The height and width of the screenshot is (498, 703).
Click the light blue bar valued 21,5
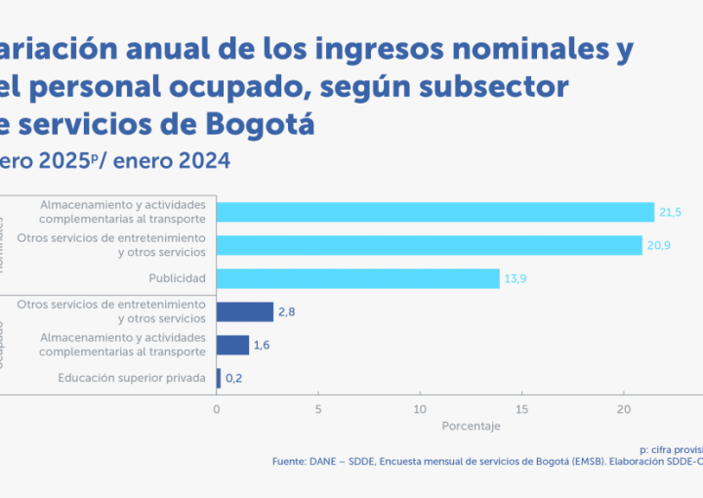(435, 212)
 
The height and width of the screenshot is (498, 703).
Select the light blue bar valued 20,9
(430, 245)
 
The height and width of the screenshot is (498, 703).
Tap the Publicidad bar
(358, 278)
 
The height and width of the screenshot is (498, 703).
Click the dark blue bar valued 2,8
(245, 311)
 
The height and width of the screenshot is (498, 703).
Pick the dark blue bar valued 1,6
(233, 345)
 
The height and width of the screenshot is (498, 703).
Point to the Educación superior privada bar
(219, 378)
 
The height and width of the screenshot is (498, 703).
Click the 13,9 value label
(517, 279)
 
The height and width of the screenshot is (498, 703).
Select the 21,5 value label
(671, 212)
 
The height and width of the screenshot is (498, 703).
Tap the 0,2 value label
(235, 378)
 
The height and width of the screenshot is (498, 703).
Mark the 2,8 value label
(287, 312)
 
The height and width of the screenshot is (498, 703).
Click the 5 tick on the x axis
(318, 409)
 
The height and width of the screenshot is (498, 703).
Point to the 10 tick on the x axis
(420, 409)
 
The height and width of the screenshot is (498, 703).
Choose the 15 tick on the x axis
(521, 409)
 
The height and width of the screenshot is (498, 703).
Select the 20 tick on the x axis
(623, 409)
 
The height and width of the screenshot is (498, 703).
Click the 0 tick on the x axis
(217, 409)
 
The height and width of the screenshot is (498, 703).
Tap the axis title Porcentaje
(472, 427)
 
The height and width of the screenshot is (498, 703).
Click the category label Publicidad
(177, 278)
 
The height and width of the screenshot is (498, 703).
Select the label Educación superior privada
(132, 378)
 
